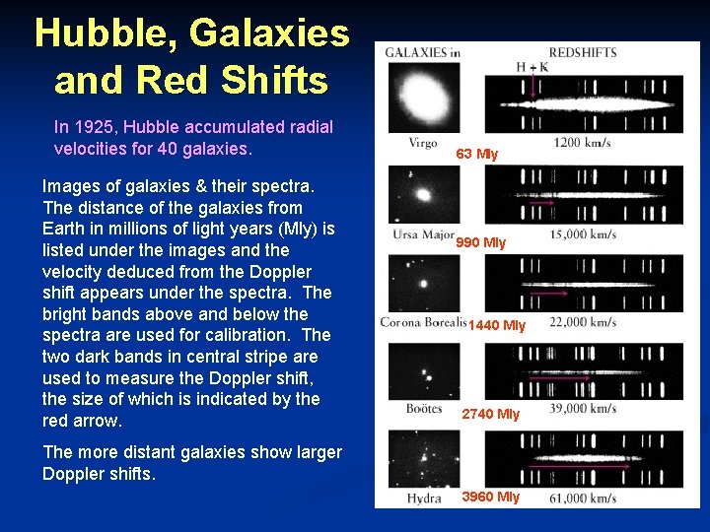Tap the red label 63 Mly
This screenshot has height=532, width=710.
point(477,154)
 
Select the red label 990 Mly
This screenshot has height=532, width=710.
point(481,242)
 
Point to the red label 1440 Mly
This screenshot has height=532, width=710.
point(497,325)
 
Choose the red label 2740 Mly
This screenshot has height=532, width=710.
point(491,414)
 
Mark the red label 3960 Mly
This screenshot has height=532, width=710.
point(491,497)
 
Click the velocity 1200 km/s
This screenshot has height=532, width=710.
point(582,144)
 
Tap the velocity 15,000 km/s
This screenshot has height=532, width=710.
point(583,234)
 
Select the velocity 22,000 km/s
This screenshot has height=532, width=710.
point(583,322)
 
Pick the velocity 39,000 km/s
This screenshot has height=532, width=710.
point(583,408)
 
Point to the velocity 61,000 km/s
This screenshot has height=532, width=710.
point(583,499)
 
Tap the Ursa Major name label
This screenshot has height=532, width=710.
point(422,234)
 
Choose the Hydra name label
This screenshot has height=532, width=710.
point(424,499)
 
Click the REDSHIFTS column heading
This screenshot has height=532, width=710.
point(583,53)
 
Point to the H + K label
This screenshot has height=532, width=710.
point(532,67)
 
